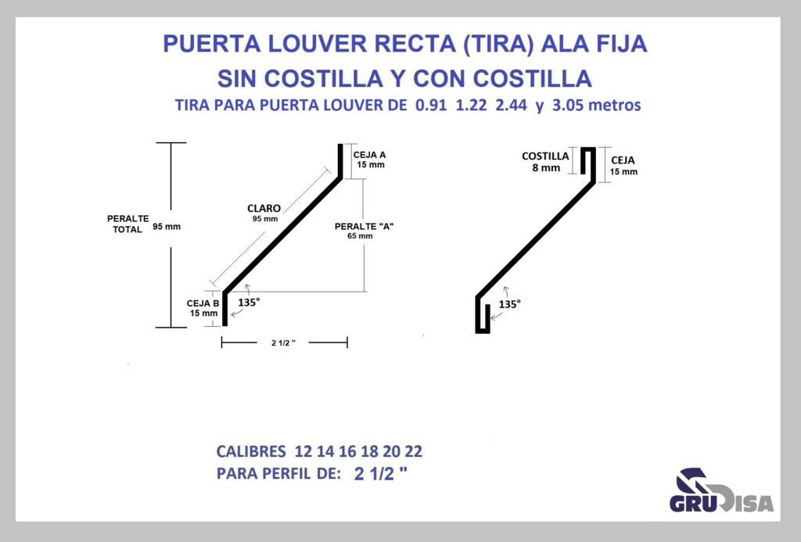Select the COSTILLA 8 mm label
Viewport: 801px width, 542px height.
[545, 161]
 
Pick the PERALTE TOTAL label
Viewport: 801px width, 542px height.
[128, 224]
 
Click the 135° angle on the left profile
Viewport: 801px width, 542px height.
[249, 302]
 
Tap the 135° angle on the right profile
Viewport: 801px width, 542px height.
[509, 304]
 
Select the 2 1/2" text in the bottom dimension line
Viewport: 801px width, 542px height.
[283, 343]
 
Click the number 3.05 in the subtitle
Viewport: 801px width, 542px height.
[567, 105]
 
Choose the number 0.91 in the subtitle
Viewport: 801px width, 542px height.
[431, 105]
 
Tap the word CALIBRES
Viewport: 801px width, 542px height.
[251, 451]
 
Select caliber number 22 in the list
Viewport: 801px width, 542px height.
[413, 451]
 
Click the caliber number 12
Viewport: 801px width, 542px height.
[303, 451]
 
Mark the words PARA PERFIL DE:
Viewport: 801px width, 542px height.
[278, 473]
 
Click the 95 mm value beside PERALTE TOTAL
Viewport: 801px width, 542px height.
[167, 227]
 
